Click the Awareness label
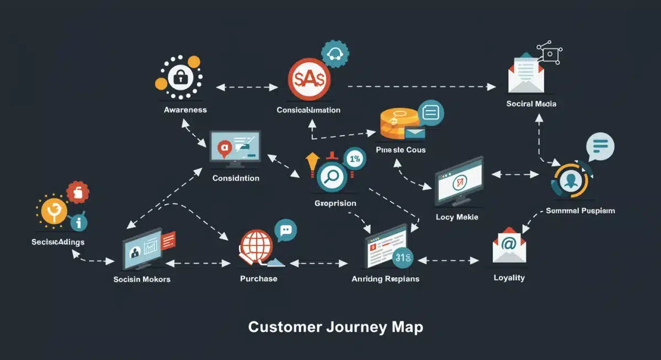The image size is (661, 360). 185,110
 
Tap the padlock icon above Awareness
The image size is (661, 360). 180,78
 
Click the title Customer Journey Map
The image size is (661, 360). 335,326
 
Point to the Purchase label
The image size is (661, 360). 258,279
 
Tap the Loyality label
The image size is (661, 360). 509,277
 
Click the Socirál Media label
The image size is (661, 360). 531,103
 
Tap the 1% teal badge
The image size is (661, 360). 354,159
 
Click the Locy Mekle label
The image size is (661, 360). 456,217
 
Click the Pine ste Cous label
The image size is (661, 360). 400,150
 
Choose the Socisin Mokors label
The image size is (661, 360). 142,279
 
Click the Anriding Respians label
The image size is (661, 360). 385,279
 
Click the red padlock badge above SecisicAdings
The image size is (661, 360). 78,193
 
